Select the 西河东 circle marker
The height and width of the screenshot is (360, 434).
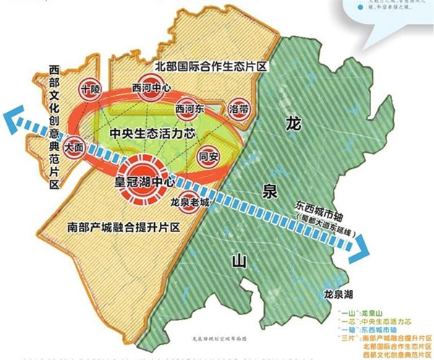click(190, 108)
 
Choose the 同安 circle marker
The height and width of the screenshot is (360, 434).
click(208, 156)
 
